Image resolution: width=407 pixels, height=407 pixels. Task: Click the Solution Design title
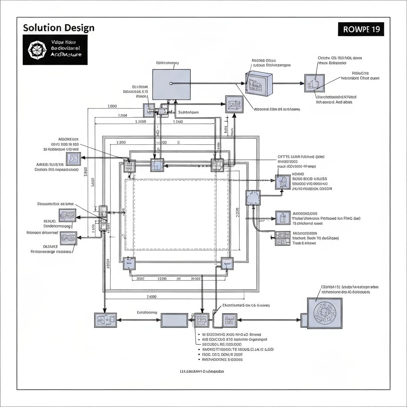click(58, 28)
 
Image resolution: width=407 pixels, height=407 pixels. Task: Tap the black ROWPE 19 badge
click(361, 29)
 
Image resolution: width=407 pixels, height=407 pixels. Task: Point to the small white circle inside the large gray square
click(171, 83)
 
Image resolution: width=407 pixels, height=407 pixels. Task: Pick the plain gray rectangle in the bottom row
click(174, 320)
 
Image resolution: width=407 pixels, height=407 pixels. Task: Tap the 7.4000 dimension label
click(151, 297)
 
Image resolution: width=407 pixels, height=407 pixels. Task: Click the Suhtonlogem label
click(188, 112)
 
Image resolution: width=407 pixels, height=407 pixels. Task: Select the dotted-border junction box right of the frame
click(253, 198)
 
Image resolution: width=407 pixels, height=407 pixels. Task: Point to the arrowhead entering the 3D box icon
click(244, 83)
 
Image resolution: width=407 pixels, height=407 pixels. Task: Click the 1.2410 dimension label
click(178, 122)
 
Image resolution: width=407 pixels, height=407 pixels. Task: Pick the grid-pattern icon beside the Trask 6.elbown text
click(283, 238)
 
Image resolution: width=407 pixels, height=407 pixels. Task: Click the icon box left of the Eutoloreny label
click(105, 320)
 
